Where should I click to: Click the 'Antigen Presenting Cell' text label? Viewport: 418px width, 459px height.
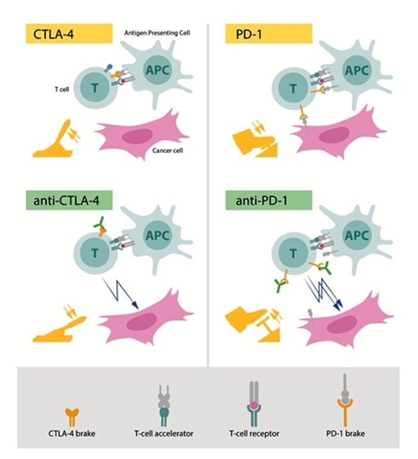(156, 31)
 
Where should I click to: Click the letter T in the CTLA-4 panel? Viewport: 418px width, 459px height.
(96, 90)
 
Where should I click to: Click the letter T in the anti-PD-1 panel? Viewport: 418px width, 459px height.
(293, 252)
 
